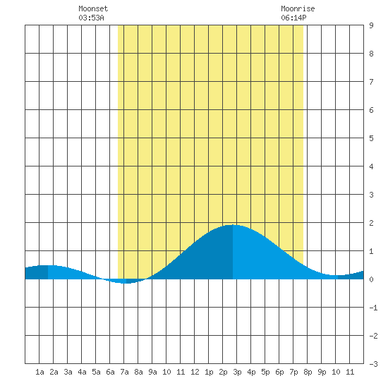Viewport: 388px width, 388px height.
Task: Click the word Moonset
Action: click(93, 8)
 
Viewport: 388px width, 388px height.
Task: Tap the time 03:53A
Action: click(91, 18)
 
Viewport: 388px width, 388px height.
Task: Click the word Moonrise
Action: click(298, 8)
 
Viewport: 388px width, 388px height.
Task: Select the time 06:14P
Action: click(293, 18)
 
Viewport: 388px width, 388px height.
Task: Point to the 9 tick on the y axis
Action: click(371, 25)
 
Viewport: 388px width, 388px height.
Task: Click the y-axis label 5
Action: click(371, 138)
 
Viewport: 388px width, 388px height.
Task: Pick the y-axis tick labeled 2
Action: click(371, 223)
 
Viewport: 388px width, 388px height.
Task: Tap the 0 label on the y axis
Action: click(371, 279)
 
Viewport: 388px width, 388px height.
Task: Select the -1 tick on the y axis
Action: click(373, 308)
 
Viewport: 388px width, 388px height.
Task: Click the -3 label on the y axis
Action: click(373, 364)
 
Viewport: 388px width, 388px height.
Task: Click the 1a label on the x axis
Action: click(40, 372)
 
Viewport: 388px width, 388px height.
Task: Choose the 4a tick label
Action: click(82, 372)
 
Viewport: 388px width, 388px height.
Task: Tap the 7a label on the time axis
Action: click(124, 372)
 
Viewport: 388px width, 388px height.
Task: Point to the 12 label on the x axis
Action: click(195, 372)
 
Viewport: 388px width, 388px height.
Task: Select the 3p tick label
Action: click(237, 372)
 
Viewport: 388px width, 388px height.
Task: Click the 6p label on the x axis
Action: click(279, 372)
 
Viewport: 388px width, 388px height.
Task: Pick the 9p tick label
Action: click(322, 372)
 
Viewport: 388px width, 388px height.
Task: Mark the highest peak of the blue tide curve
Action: click(233, 225)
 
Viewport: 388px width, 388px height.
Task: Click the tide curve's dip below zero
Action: click(126, 283)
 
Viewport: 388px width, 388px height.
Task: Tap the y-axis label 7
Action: click(371, 82)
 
